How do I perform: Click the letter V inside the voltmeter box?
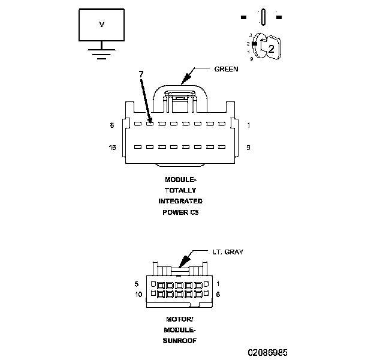(101, 25)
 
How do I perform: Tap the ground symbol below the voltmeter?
(101, 53)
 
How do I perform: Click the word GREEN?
(226, 69)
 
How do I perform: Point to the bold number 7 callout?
(141, 73)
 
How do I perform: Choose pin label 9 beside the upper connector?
(248, 147)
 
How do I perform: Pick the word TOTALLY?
(180, 190)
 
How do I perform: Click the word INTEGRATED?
(180, 201)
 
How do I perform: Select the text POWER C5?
(180, 212)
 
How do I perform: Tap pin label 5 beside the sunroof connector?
(137, 283)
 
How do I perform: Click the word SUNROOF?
(180, 340)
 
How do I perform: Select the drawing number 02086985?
(270, 352)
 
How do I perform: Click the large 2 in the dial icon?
(271, 49)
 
